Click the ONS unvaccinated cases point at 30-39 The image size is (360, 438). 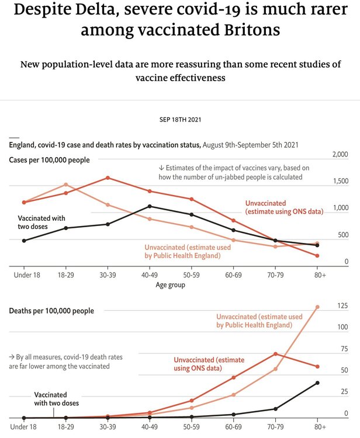click(x=108, y=178)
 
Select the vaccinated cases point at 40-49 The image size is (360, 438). click(x=150, y=206)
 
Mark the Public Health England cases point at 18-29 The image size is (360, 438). click(x=65, y=185)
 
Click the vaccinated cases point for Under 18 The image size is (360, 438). click(x=24, y=241)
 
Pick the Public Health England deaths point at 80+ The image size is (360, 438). click(x=317, y=307)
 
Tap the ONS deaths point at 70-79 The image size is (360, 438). click(x=275, y=354)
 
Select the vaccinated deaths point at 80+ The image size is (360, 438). click(x=317, y=383)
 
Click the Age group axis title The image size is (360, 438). click(x=171, y=285)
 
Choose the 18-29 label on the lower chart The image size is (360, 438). click(x=65, y=427)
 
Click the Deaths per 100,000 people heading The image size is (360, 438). click(x=51, y=311)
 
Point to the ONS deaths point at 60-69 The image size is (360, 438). click(x=233, y=377)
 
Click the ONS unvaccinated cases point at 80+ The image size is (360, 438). click(x=317, y=256)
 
